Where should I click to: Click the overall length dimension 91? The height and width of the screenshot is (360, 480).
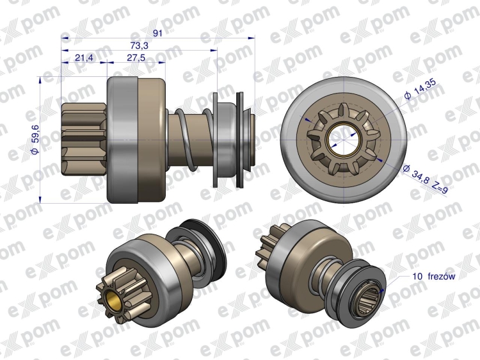click(x=157, y=33)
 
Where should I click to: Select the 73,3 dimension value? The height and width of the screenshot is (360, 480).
click(x=140, y=45)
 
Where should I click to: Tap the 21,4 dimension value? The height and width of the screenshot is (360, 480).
click(x=84, y=58)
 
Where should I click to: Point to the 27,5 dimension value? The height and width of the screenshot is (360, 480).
click(x=136, y=58)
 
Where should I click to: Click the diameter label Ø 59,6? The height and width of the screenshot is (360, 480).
click(x=35, y=139)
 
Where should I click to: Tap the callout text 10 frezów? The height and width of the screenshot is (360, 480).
click(x=434, y=276)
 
